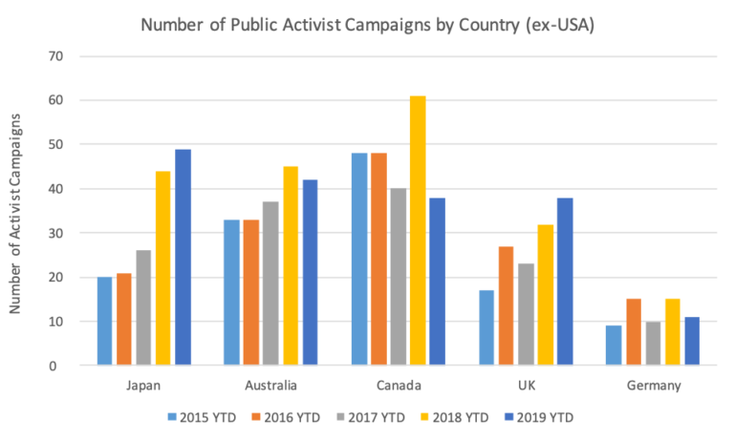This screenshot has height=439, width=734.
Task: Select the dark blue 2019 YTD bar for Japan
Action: click(183, 257)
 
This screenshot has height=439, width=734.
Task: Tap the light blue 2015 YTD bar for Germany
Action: click(614, 345)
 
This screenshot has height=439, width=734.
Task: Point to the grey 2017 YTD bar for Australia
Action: click(270, 283)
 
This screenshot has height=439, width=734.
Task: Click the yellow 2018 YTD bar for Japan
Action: click(162, 268)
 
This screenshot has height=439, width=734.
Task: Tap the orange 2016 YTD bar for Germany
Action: click(633, 332)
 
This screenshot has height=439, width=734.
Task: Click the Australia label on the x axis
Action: click(270, 387)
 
